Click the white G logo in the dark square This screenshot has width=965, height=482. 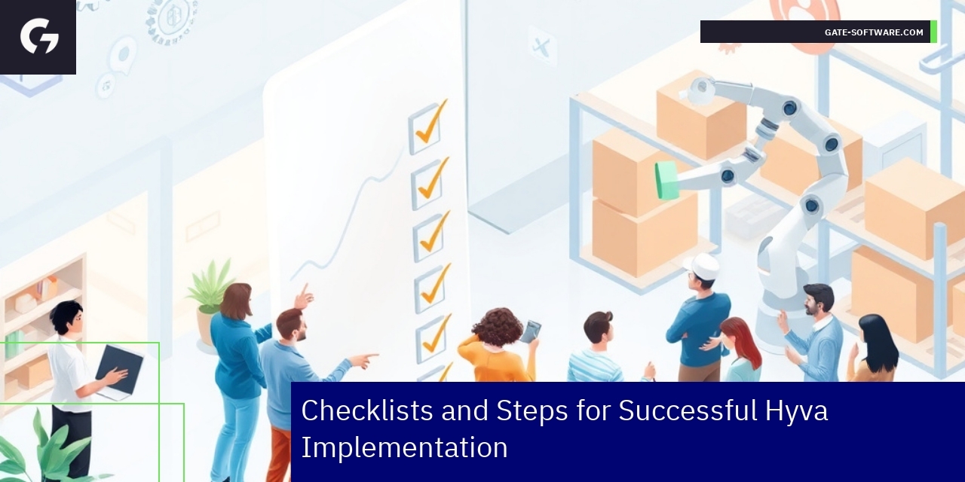click(x=39, y=36)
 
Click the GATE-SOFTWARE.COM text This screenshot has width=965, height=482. click(x=873, y=32)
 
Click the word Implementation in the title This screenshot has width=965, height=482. click(x=404, y=447)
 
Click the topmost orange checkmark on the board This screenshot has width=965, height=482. click(x=430, y=124)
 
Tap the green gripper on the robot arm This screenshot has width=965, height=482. click(x=667, y=180)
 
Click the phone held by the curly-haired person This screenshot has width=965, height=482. click(x=531, y=331)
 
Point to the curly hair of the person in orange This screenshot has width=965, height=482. click(x=497, y=326)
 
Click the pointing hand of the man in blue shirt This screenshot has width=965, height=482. click(x=365, y=360)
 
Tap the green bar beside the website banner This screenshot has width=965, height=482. click(x=933, y=32)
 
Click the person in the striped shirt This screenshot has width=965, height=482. click(x=597, y=346)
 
